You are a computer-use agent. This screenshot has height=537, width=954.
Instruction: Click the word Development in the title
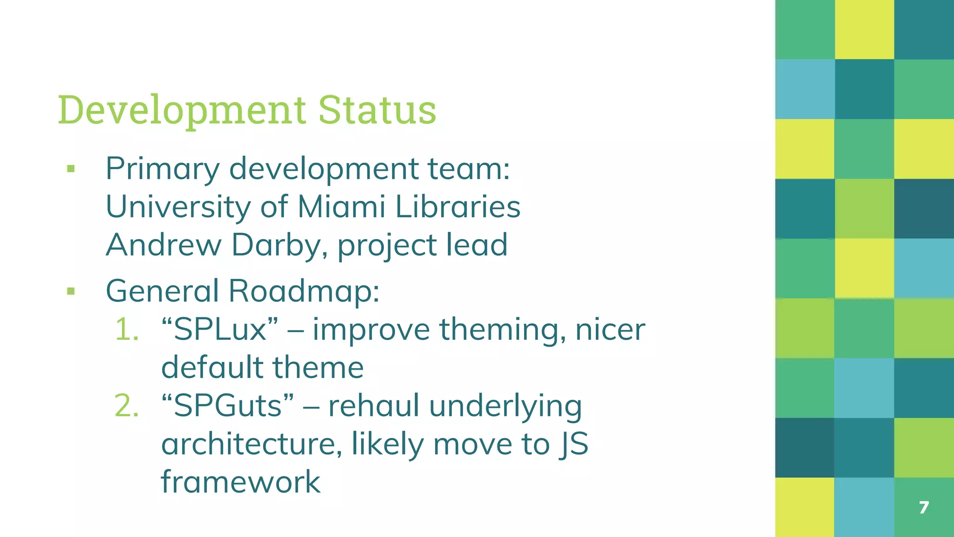tap(182, 110)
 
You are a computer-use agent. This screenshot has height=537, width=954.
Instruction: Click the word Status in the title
tap(377, 110)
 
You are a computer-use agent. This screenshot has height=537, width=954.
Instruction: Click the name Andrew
tap(164, 245)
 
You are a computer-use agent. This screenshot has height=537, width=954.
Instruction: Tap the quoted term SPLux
tap(219, 329)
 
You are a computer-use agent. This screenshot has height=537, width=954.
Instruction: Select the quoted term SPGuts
tap(227, 406)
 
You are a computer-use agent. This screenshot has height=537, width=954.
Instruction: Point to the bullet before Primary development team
tap(71, 169)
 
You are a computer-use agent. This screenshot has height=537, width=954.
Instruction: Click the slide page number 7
tap(924, 507)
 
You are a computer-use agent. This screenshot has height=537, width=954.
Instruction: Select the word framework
tap(240, 482)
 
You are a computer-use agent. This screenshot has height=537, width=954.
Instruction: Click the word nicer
tap(610, 330)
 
